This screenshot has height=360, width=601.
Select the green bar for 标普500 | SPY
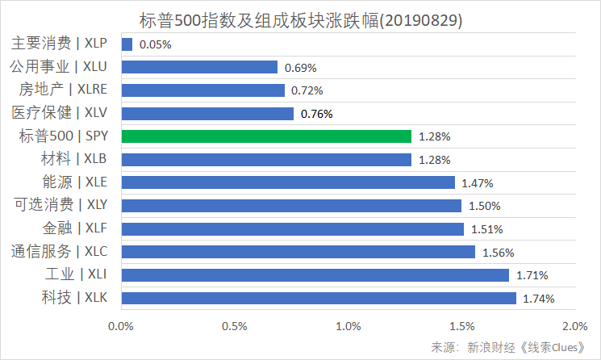tap(266, 136)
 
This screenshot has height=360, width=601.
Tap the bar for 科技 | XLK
tap(319, 299)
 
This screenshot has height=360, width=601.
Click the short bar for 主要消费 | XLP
tap(127, 44)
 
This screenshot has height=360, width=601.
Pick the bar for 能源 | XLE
tap(288, 182)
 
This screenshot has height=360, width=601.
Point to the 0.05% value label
tap(155, 44)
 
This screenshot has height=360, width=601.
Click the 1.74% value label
tap(539, 299)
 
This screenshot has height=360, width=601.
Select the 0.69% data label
tap(300, 68)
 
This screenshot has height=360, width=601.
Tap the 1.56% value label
tap(498, 253)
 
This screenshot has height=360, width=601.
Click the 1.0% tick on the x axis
tap(348, 326)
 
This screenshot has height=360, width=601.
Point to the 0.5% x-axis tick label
tap(234, 326)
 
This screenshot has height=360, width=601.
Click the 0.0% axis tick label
tap(121, 326)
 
